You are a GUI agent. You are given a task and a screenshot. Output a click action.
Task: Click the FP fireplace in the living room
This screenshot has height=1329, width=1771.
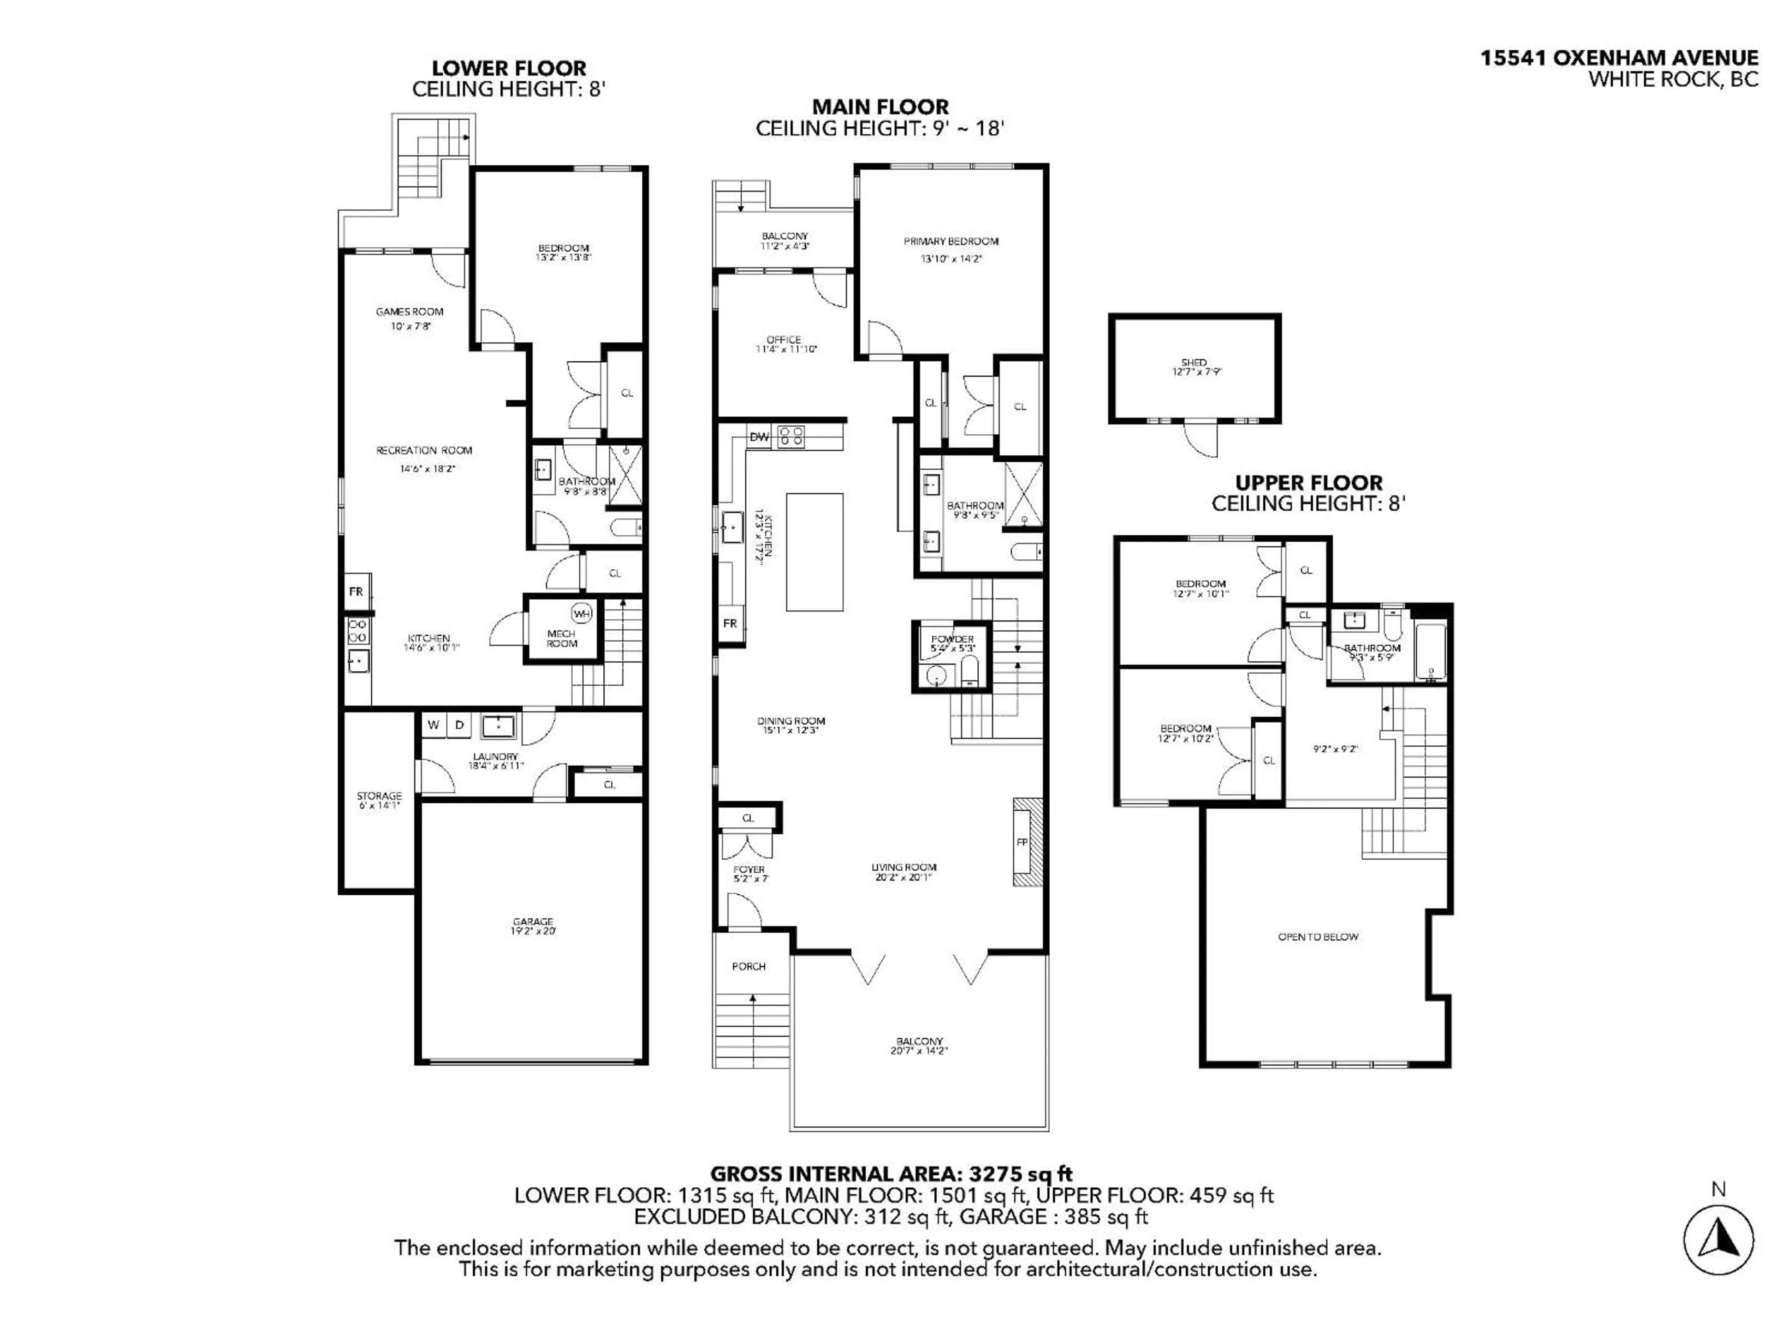pyautogui.click(x=1022, y=842)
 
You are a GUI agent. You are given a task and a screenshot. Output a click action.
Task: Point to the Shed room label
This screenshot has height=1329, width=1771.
pyautogui.click(x=1194, y=363)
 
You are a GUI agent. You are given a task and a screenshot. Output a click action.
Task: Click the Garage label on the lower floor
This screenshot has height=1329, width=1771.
pyautogui.click(x=532, y=922)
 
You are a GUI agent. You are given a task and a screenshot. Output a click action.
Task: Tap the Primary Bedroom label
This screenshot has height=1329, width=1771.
pyautogui.click(x=951, y=241)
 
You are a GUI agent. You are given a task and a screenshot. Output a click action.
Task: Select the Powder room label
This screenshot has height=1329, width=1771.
pyautogui.click(x=952, y=639)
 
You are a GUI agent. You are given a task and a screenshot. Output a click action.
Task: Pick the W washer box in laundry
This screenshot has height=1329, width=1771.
pyautogui.click(x=433, y=725)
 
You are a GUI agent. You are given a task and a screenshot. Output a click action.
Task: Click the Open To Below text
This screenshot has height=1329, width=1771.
pyautogui.click(x=1318, y=936)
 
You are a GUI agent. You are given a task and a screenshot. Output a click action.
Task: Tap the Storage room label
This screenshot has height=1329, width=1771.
pyautogui.click(x=379, y=796)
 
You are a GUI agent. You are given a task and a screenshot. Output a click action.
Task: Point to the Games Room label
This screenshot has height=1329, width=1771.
pyautogui.click(x=409, y=311)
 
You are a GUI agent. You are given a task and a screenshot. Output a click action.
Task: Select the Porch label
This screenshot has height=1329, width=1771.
pyautogui.click(x=749, y=966)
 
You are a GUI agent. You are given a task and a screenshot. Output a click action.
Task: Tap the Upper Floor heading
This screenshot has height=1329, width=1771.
pyautogui.click(x=1308, y=483)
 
